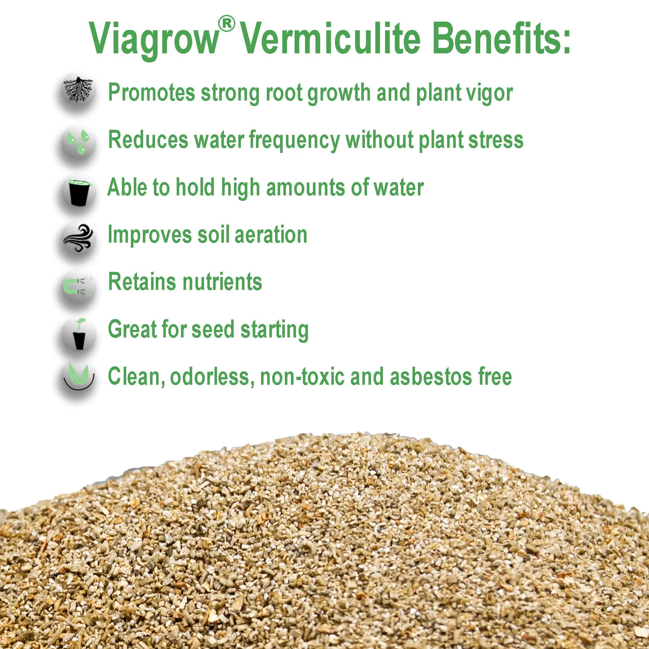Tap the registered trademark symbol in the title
[227, 24]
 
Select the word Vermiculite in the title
[330, 38]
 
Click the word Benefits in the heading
[501, 38]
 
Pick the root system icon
[79, 90]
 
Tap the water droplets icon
[79, 142]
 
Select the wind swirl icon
[79, 238]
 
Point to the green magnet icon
[78, 286]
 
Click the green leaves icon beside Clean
[79, 377]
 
